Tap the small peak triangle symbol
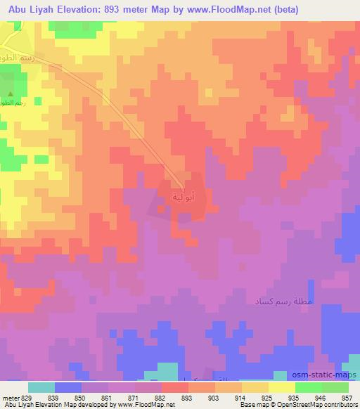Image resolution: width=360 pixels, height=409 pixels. tap(10, 92)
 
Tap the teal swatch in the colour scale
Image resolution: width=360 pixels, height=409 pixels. tap(41, 387)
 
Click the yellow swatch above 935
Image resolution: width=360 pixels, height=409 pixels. tap(282, 387)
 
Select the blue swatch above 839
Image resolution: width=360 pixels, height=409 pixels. tap(67, 387)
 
